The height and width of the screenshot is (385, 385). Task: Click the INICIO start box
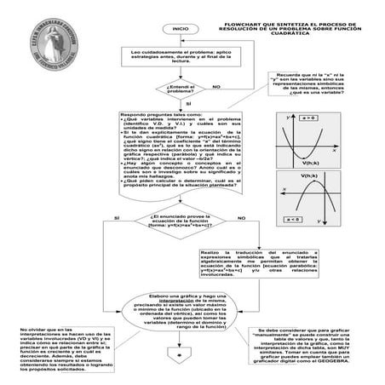(x=180, y=28)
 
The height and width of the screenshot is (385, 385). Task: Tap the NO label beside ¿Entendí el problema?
(x=215, y=87)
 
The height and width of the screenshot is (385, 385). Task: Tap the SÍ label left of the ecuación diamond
(x=114, y=219)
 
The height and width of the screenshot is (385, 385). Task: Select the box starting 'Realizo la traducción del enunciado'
(x=246, y=265)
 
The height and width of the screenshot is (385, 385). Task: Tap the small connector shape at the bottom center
(x=180, y=353)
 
